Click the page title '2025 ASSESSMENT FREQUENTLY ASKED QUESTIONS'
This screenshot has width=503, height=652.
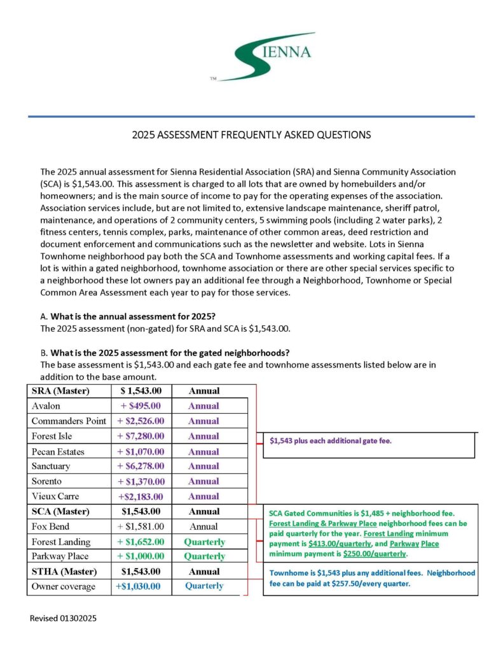(x=251, y=135)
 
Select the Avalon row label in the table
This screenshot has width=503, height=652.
(x=45, y=406)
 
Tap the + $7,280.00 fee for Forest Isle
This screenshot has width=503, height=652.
(x=141, y=436)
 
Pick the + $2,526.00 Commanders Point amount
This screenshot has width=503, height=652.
(x=141, y=421)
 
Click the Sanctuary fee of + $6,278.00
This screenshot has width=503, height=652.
(x=141, y=466)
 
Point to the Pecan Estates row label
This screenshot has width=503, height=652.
(x=58, y=451)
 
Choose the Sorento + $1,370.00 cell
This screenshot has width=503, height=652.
(x=141, y=481)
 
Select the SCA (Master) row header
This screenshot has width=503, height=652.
(x=60, y=511)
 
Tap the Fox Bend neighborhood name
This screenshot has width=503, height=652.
(x=50, y=527)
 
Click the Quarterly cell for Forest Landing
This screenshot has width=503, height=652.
(x=204, y=542)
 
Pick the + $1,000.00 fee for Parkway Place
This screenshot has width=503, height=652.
(x=141, y=556)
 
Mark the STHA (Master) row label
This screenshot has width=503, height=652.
(x=63, y=571)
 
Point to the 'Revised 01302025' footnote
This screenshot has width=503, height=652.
(x=64, y=618)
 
